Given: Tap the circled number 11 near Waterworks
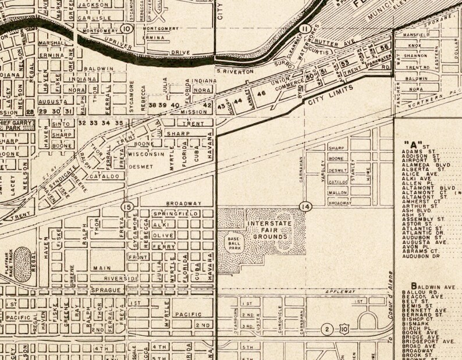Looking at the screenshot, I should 305,28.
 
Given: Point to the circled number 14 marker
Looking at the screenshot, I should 305,206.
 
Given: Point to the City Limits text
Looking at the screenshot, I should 324,100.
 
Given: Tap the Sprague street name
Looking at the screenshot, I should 105,289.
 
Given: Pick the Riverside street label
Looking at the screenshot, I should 122,279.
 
